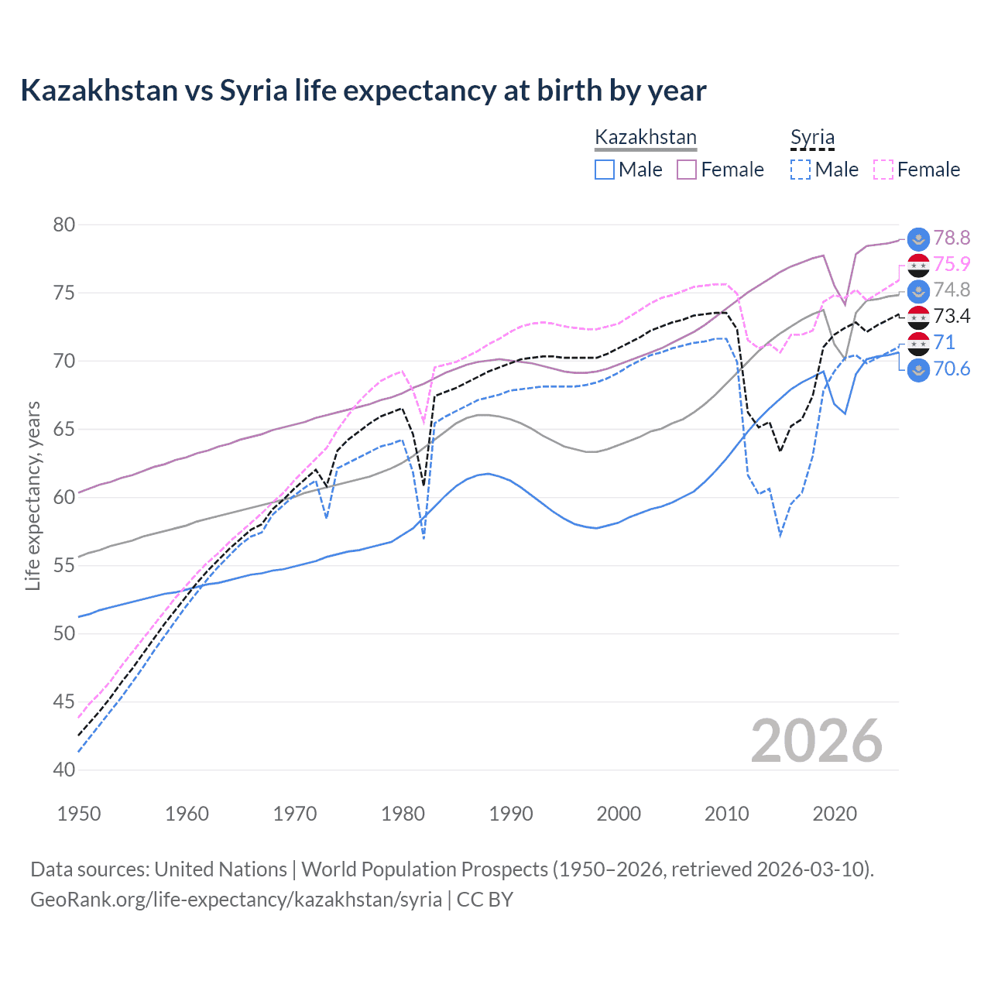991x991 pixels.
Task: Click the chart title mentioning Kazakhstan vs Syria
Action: coord(363,91)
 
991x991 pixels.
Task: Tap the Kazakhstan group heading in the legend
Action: coord(645,137)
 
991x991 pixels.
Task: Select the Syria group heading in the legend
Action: coord(812,137)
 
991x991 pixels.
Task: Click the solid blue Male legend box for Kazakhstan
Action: coord(605,170)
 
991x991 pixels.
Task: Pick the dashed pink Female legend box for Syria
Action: coord(883,170)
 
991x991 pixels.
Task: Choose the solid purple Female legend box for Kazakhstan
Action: coord(687,170)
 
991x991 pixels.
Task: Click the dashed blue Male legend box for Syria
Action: coord(801,170)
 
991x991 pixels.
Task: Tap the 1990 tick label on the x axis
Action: coord(511,814)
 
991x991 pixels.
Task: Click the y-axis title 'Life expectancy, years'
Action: coord(33,496)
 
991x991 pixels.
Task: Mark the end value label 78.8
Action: coord(952,238)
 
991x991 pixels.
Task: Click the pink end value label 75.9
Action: coord(952,264)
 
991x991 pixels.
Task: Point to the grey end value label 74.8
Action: coord(952,290)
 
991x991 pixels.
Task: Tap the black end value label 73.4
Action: coord(952,316)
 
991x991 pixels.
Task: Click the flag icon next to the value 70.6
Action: coord(918,369)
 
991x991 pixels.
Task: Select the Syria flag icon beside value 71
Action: coord(918,343)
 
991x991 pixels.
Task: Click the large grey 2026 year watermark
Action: coord(817,741)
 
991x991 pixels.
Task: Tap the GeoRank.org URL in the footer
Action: coord(236,900)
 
